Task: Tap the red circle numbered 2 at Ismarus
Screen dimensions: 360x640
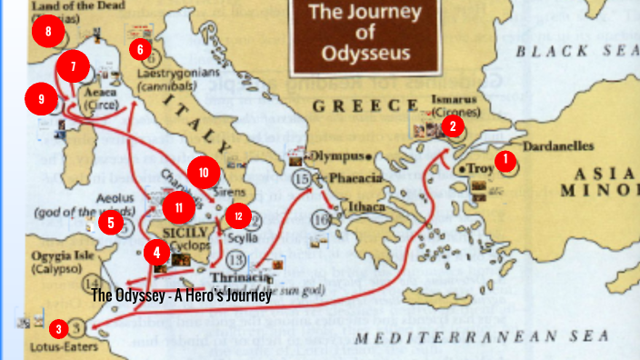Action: coord(452,126)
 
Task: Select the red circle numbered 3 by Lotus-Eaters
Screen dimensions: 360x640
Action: coord(59,328)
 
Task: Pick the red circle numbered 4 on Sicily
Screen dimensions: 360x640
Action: coord(157,251)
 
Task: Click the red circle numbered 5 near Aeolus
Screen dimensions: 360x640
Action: coord(110,221)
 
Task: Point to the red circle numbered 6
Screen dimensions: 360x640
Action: coord(140,48)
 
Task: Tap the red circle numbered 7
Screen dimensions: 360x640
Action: coord(74,66)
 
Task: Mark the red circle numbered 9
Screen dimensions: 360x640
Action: coord(41,97)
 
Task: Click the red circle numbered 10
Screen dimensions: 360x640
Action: coord(204,172)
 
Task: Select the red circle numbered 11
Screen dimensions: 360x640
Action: coord(179,208)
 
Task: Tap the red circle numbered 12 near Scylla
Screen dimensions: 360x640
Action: coord(237,215)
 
